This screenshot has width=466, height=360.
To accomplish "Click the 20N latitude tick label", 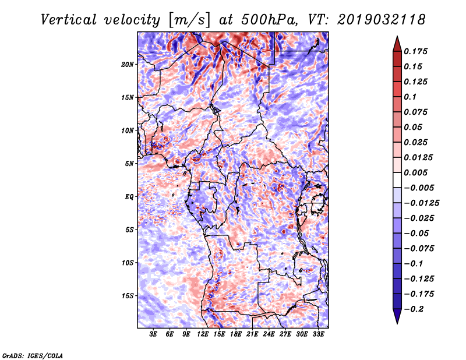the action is pyautogui.click(x=128, y=65).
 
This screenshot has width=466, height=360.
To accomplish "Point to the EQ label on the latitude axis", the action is pyautogui.click(x=129, y=197).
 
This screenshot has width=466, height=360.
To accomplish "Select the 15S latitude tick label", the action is pyautogui.click(x=128, y=296).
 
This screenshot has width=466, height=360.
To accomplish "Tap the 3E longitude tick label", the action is pyautogui.click(x=153, y=334).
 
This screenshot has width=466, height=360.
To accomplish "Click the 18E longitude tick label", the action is pyautogui.click(x=236, y=334).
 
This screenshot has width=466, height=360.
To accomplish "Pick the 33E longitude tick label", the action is pyautogui.click(x=318, y=334).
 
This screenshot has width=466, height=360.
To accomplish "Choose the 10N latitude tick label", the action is pyautogui.click(x=128, y=130).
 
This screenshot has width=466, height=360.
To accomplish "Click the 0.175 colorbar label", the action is pyautogui.click(x=415, y=51).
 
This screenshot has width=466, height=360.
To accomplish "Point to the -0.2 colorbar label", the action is pyautogui.click(x=414, y=309).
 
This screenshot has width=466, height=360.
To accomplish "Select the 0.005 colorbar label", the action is pyautogui.click(x=415, y=172).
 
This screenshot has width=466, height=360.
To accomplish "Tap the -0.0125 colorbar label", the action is pyautogui.click(x=421, y=203).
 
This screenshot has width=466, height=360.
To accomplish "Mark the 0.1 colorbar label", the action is pyautogui.click(x=410, y=97).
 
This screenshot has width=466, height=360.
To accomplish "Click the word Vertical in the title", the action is pyautogui.click(x=69, y=20).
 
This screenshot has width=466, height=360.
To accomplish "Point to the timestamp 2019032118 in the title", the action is pyautogui.click(x=381, y=20).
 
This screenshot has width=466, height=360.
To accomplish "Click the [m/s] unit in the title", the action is pyautogui.click(x=189, y=20).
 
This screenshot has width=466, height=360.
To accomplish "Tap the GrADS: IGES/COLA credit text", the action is pyautogui.click(x=33, y=355).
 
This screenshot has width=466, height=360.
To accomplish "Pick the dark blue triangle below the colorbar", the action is pyautogui.click(x=397, y=316).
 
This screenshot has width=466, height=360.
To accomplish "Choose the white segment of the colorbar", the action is pyautogui.click(x=397, y=180).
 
